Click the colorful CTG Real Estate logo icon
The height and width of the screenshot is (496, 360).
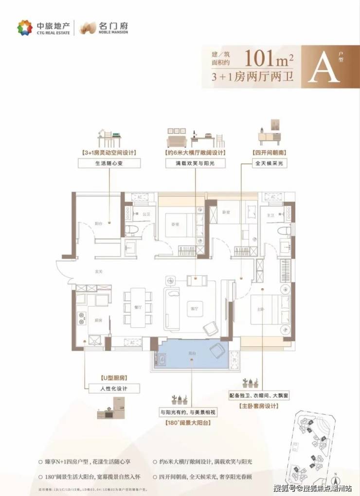(24, 28)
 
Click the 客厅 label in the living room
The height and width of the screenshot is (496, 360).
(194, 307)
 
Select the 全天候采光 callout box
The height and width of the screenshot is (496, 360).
(268, 164)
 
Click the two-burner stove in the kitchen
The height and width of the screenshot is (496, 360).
(81, 317)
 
